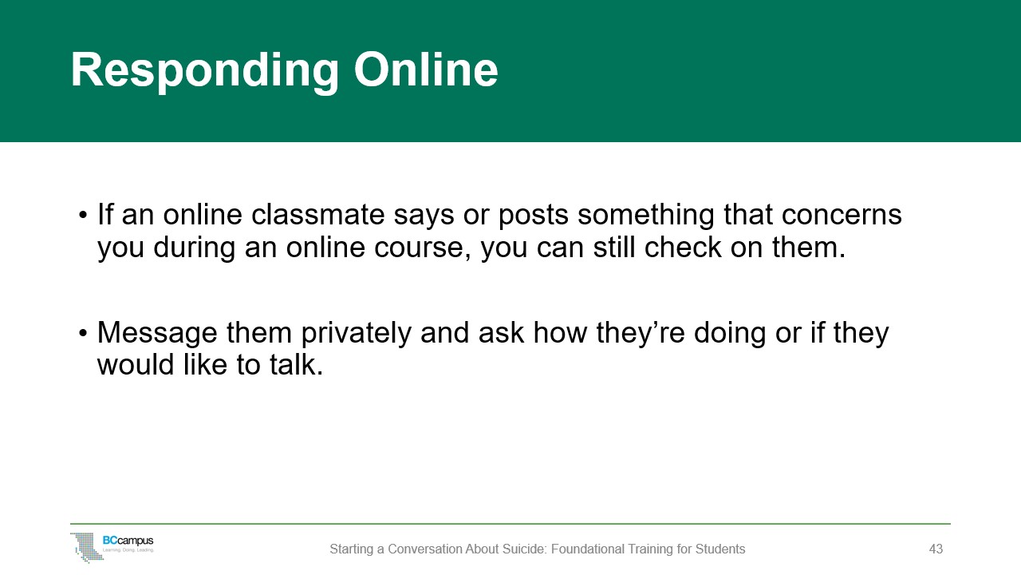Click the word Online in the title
pyautogui.click(x=426, y=70)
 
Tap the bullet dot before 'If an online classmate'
pyautogui.click(x=83, y=216)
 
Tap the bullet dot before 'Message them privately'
pyautogui.click(x=83, y=334)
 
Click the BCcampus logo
pyautogui.click(x=112, y=546)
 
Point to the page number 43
pyautogui.click(x=936, y=549)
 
